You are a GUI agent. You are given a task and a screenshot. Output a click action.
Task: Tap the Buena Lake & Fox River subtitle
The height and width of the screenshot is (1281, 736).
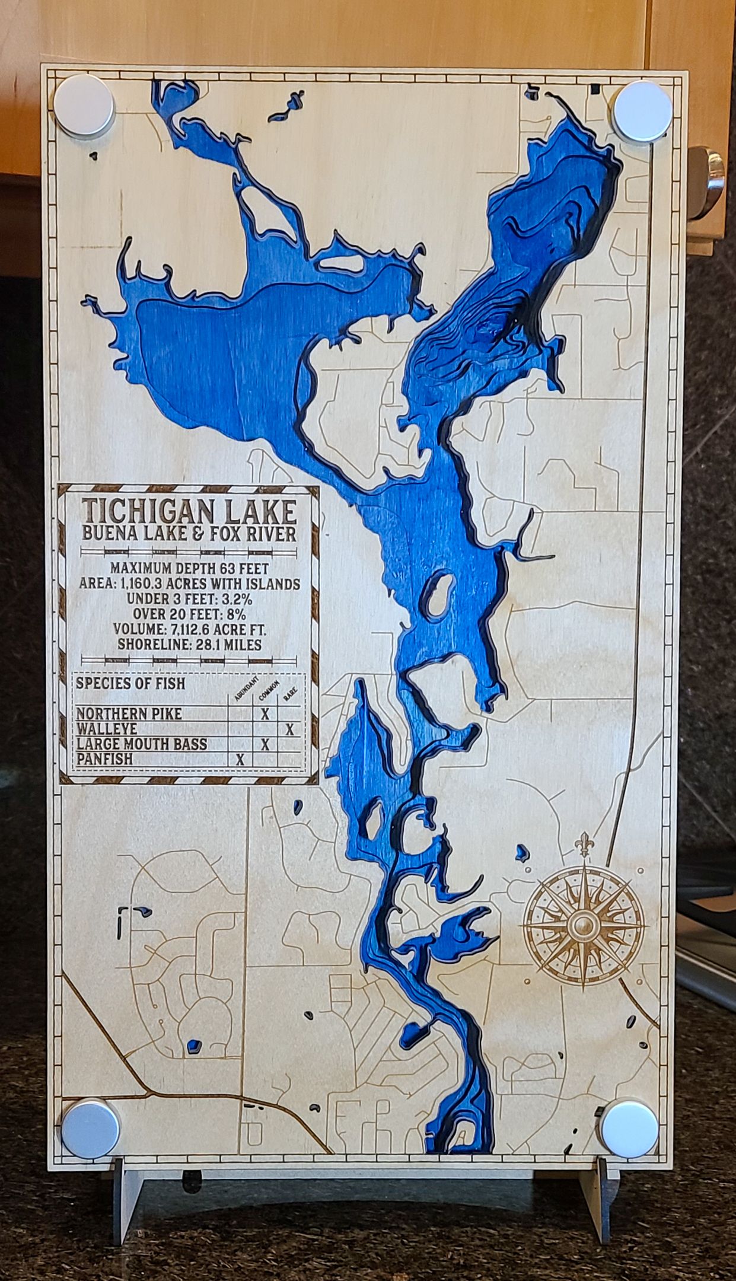189,534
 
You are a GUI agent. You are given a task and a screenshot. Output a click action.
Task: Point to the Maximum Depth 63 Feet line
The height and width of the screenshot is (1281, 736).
189,568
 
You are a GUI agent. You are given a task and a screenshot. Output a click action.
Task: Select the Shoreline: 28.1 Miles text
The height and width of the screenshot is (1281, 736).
189,645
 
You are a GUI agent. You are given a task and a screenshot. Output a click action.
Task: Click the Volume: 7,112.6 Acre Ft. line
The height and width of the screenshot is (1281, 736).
189,629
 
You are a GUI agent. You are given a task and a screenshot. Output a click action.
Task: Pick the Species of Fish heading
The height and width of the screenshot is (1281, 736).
130,683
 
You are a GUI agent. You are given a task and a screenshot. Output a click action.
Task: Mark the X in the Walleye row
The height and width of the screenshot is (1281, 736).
289,729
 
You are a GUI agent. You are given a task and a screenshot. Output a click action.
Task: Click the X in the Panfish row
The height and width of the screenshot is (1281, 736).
240,760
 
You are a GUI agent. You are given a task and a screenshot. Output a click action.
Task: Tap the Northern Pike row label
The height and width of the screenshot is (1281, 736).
129,713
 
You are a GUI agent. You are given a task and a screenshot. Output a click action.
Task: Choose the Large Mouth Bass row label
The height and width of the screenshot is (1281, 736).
141,744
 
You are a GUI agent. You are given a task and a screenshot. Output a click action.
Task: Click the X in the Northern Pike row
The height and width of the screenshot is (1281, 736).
265,714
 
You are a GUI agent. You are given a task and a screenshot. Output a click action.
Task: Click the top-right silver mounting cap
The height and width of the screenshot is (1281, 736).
643,111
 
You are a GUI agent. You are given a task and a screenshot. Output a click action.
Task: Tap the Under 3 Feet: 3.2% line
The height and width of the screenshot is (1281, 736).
189,598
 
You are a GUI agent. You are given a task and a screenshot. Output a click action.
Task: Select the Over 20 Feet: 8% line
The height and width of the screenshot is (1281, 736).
189,614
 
